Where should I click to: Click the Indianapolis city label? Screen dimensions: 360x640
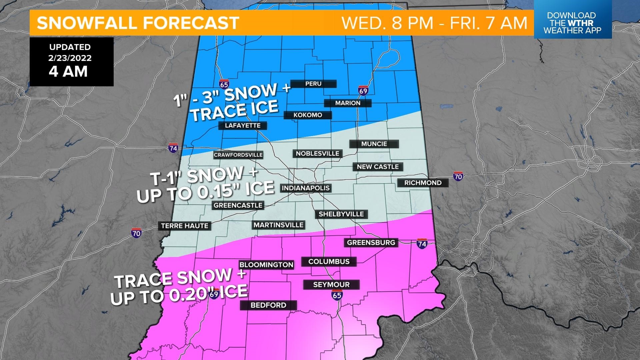306,188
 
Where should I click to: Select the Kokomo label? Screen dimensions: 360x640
308,115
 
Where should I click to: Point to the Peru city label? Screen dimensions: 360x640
313,84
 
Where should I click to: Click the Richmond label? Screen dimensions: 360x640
423,183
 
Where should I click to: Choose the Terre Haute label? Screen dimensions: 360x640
184,226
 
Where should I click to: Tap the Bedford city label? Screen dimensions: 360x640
268,305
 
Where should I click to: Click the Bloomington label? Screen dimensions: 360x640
266,265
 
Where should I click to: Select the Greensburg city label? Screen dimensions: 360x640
371,242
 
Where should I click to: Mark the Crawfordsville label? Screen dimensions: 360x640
238,155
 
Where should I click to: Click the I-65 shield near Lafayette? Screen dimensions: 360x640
224,84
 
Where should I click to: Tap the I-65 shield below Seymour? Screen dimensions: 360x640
337,294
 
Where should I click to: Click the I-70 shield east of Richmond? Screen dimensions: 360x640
458,176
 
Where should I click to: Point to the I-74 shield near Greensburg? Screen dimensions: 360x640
422,244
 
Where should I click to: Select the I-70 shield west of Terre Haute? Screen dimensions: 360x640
136,233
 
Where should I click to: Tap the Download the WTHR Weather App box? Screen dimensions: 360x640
572,23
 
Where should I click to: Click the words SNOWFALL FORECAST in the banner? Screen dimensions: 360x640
138,23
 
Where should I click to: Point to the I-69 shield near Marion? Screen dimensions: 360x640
363,91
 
